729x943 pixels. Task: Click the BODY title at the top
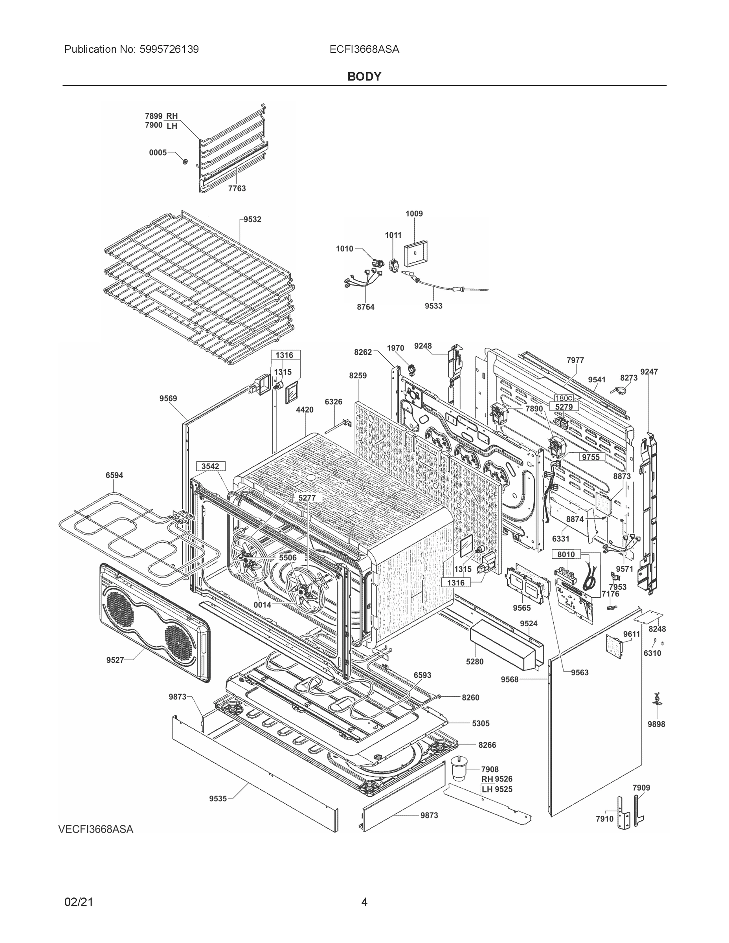364,77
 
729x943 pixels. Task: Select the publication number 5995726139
169,50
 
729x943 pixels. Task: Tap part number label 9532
252,219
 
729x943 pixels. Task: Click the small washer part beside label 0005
185,161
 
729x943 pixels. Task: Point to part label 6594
114,475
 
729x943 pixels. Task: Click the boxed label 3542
210,466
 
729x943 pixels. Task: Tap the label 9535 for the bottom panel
218,799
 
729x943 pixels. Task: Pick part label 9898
656,724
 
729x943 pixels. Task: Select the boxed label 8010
566,554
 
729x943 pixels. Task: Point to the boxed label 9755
591,457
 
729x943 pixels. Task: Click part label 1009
414,214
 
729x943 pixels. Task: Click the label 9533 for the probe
433,306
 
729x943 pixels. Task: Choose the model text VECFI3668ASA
96,829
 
